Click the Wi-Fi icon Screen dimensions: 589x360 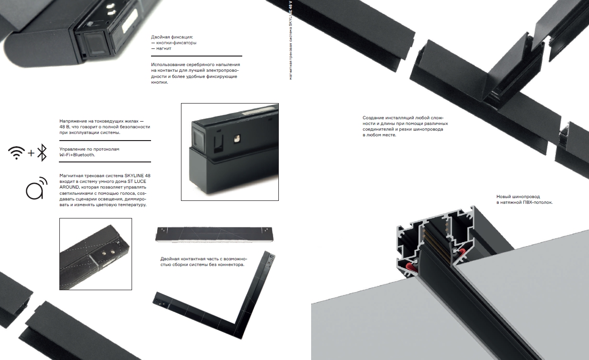tap(16, 153)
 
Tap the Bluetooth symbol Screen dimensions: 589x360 tap(42, 152)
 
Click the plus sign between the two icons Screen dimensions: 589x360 tap(31, 153)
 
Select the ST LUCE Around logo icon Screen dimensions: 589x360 tap(36, 188)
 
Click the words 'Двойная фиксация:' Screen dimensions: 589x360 tap(172, 37)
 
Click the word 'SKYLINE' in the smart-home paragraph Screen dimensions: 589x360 tap(134, 175)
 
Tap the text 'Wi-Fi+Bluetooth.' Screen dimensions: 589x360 tap(77, 155)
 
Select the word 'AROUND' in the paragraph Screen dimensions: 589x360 tap(69, 187)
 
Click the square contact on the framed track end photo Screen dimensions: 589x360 tap(237, 139)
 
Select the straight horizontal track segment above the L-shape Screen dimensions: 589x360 tap(214, 234)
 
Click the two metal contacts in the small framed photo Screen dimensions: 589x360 tap(109, 253)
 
